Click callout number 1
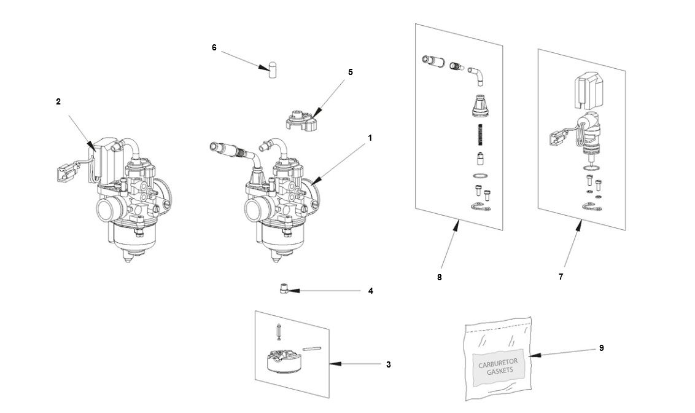tap(370, 138)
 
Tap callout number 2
tap(58, 102)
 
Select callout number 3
tap(389, 364)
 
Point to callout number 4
tap(371, 291)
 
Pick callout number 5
tap(351, 72)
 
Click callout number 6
tap(214, 47)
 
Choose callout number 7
tap(561, 277)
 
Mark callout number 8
tap(440, 277)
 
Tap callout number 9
tap(602, 348)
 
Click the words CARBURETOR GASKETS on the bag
tap(498, 368)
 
